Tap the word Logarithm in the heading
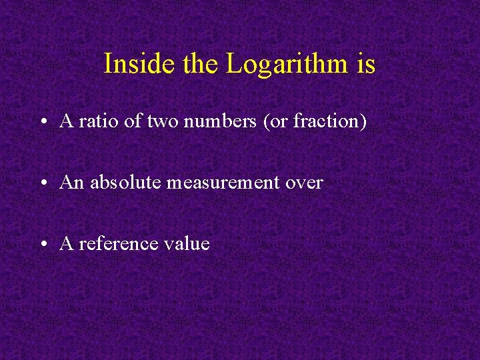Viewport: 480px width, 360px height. (x=287, y=64)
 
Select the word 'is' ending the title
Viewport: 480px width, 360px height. (x=366, y=64)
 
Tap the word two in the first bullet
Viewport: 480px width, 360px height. (x=161, y=121)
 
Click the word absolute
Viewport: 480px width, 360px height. (x=125, y=182)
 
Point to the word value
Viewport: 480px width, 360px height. (x=189, y=243)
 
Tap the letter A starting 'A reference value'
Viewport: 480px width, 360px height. (x=66, y=243)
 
